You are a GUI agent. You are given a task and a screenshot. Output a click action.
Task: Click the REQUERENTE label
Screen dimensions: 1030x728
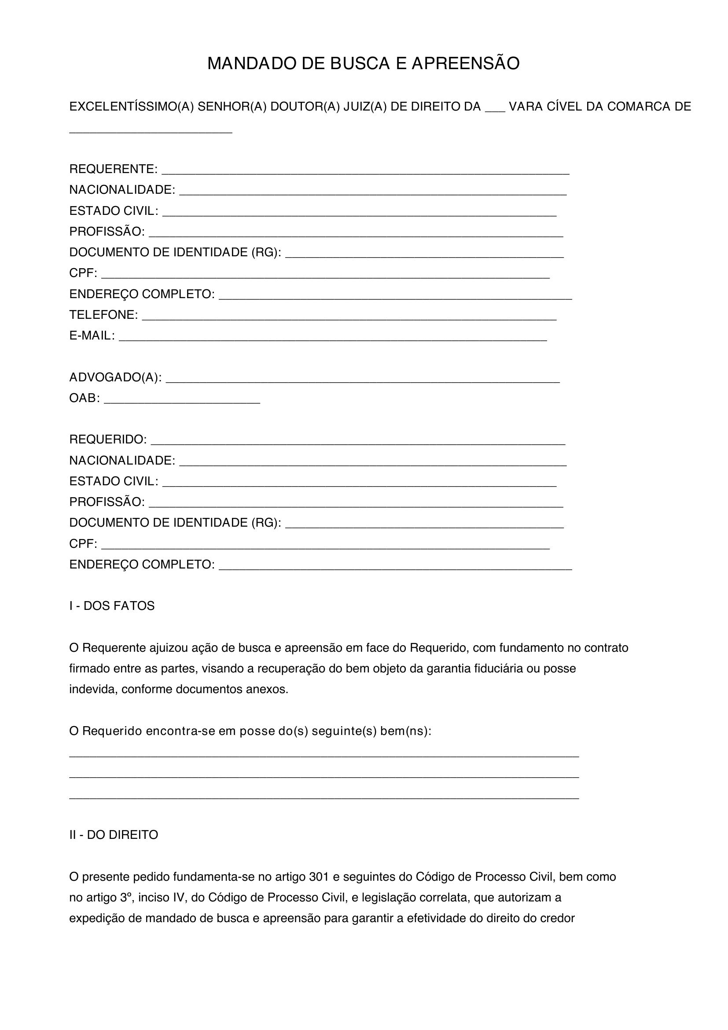click(x=113, y=169)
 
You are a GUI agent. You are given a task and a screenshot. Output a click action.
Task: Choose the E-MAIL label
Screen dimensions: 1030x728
click(x=92, y=336)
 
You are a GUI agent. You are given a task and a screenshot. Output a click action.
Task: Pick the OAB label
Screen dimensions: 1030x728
click(x=84, y=398)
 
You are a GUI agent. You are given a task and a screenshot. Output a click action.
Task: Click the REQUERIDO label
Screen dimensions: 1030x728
click(x=107, y=439)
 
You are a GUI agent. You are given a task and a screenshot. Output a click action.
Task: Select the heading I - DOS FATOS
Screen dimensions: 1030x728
click(x=112, y=606)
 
